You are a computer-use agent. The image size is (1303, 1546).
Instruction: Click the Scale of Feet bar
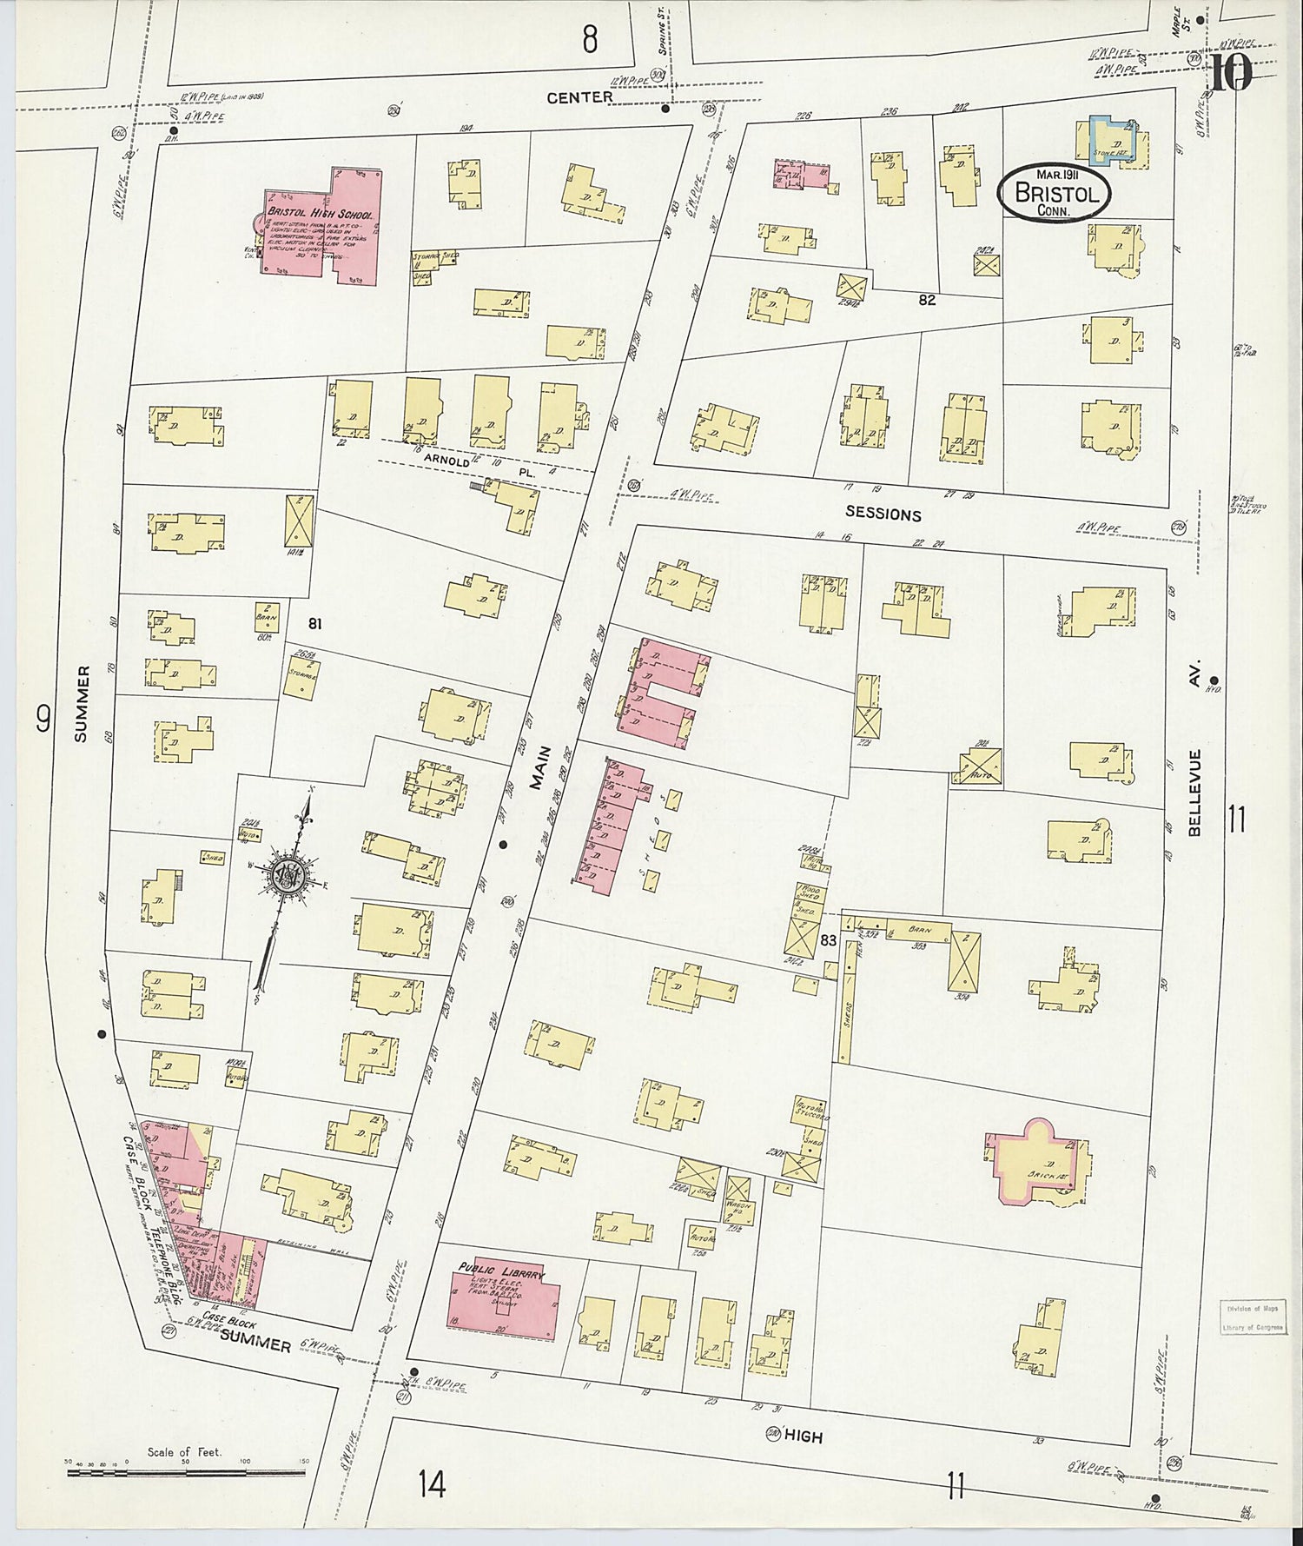tap(187, 1471)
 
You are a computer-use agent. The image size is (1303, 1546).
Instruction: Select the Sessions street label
tap(883, 514)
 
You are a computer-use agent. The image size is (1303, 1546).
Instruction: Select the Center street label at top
tap(579, 98)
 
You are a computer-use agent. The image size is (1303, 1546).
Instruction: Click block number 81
tap(315, 623)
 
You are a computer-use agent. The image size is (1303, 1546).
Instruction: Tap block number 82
tap(927, 300)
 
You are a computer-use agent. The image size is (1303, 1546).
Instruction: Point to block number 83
tap(828, 939)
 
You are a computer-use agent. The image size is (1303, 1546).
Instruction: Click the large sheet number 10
tap(1231, 73)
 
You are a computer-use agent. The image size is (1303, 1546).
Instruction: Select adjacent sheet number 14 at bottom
tap(431, 1483)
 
